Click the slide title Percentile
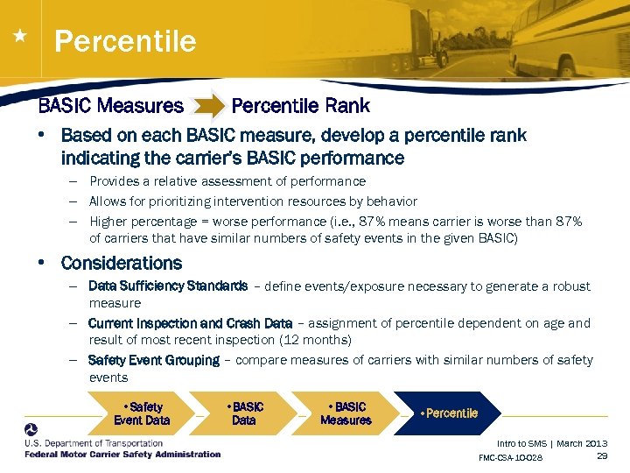tap(125, 41)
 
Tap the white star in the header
tap(20, 36)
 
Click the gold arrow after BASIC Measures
tap(207, 107)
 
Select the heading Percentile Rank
tap(300, 107)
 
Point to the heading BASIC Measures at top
tap(110, 107)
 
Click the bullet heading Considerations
tap(122, 263)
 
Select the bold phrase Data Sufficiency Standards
tap(168, 286)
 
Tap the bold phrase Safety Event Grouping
tap(154, 360)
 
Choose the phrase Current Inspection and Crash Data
tap(190, 323)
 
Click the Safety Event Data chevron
tap(142, 413)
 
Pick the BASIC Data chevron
tap(244, 413)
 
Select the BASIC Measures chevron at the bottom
tap(346, 413)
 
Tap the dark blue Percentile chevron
tap(450, 413)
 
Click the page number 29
tap(601, 456)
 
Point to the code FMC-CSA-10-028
tap(510, 458)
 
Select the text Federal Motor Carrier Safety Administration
tap(122, 455)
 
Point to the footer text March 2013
tap(582, 443)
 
